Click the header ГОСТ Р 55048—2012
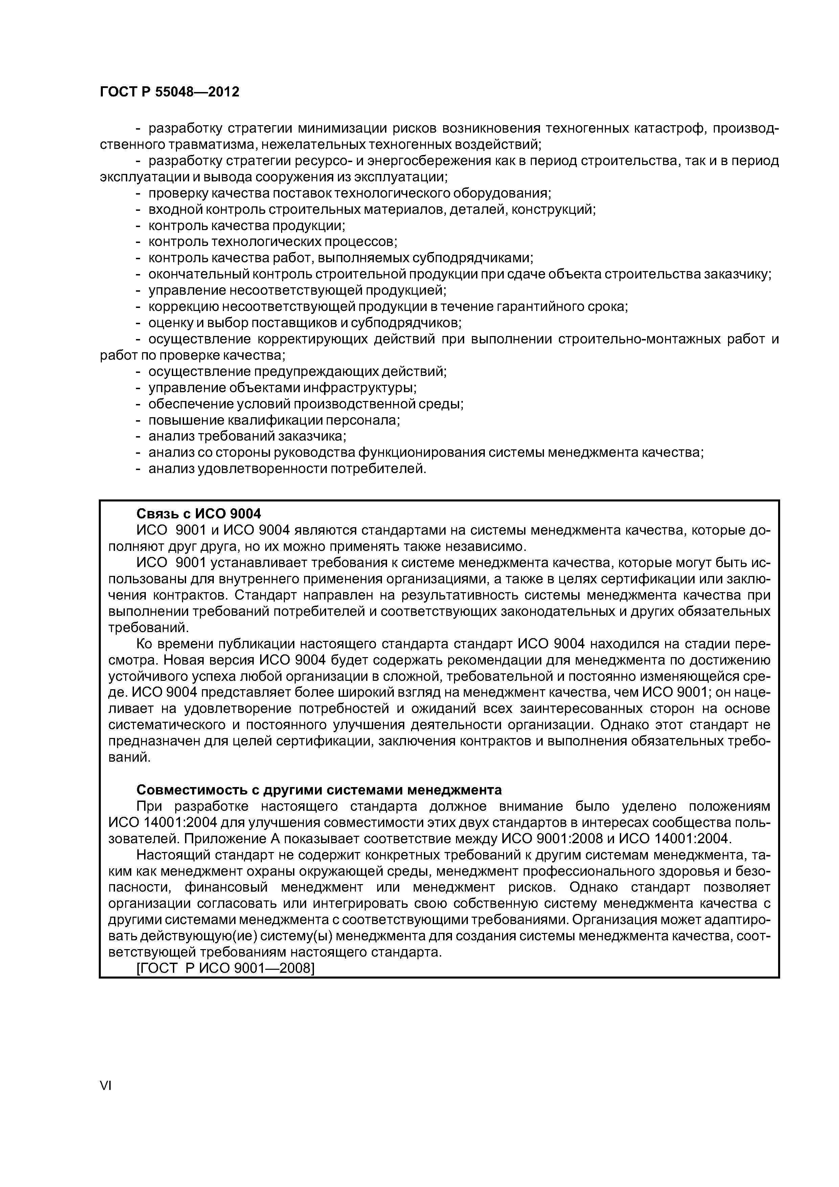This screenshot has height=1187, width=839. tap(169, 92)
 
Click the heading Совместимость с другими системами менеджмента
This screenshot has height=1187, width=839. tap(319, 790)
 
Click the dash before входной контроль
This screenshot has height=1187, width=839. tap(138, 209)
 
